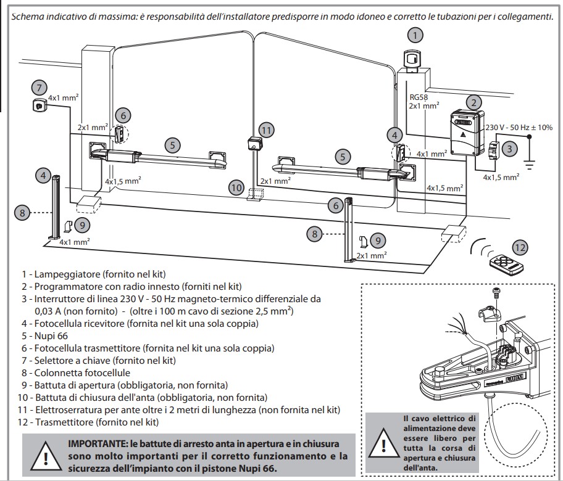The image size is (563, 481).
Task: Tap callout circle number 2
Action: (473, 102)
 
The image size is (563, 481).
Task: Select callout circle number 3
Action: (509, 149)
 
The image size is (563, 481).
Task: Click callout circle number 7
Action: (39, 88)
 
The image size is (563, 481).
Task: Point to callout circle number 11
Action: (266, 129)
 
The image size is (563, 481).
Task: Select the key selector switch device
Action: (40, 105)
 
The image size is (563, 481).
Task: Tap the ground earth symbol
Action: (529, 163)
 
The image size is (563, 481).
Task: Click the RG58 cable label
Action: (419, 97)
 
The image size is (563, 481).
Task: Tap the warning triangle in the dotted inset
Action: (383, 445)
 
